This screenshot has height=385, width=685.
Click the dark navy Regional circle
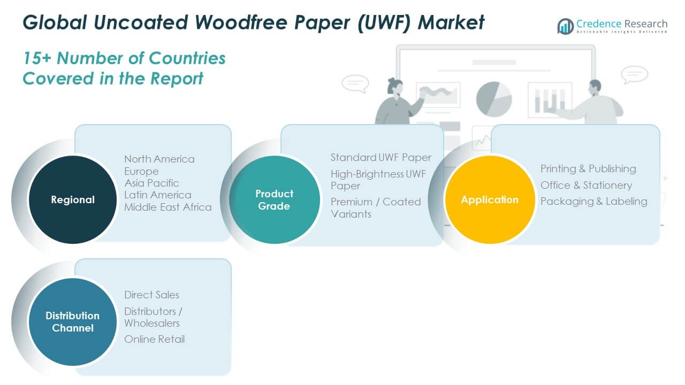72,199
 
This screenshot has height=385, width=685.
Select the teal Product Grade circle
274,199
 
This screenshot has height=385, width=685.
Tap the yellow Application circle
490,199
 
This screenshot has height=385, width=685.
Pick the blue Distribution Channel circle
72,321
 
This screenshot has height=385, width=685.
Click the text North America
159,159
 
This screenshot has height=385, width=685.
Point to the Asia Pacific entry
151,183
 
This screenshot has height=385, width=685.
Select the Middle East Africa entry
168,207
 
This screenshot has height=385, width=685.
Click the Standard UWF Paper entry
380,157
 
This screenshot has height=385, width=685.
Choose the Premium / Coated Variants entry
375,207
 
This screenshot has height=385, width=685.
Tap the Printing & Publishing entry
588,169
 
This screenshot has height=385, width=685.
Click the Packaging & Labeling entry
593,202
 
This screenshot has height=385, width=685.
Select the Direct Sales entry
151,295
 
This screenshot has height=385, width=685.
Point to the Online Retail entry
154,339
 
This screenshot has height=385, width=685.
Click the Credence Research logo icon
565,26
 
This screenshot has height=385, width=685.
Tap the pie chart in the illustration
493,99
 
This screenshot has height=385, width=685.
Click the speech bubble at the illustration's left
355,83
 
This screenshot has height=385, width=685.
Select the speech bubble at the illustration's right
635,74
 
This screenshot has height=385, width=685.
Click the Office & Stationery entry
586,186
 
